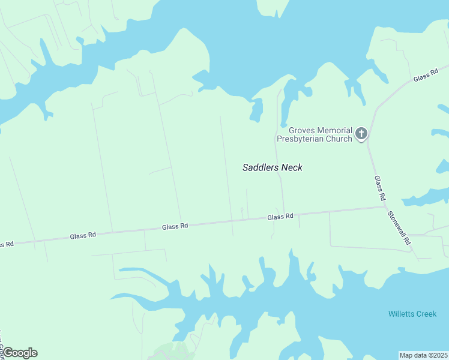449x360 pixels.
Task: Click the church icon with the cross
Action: tap(361, 133)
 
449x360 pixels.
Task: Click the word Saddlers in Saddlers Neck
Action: tap(261, 167)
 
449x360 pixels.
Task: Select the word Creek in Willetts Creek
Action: tap(426, 314)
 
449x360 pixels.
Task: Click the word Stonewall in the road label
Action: tap(396, 223)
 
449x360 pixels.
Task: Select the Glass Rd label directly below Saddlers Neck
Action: tap(280, 217)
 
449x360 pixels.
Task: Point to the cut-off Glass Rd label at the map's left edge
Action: tap(6, 244)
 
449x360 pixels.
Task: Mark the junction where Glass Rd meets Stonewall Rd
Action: tap(385, 208)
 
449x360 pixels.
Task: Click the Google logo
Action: tap(19, 353)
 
